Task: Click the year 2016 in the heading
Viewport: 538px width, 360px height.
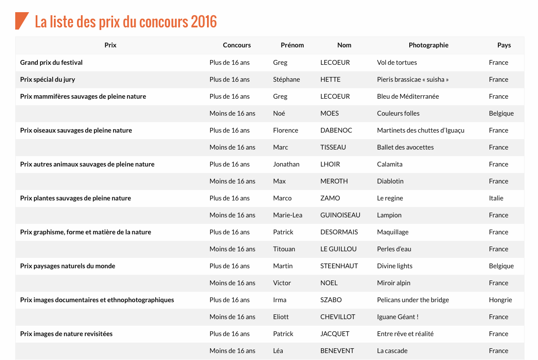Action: tap(204, 21)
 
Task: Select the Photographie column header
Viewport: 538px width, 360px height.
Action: tap(428, 45)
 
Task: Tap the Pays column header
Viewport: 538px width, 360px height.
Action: tap(504, 45)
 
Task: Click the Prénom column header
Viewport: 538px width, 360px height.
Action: tap(292, 45)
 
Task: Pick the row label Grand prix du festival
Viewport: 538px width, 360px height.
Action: tap(51, 63)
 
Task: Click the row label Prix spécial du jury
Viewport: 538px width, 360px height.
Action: tap(47, 80)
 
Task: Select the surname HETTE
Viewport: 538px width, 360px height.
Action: tap(330, 80)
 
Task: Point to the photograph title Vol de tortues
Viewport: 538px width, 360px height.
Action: tap(397, 63)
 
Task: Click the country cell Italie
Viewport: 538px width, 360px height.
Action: tap(496, 198)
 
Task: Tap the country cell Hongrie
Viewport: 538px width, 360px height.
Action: tap(500, 300)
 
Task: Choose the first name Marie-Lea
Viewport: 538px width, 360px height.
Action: tap(287, 215)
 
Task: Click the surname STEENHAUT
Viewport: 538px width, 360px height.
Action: tap(339, 266)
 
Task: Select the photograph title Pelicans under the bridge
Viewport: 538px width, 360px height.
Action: tap(413, 300)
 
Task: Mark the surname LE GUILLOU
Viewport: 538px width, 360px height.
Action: tap(338, 249)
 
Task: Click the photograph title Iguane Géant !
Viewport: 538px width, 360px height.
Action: tap(398, 317)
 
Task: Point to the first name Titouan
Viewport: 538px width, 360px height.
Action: tap(284, 249)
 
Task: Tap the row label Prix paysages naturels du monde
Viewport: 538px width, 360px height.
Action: tap(67, 266)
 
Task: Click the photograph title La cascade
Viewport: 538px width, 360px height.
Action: tap(392, 351)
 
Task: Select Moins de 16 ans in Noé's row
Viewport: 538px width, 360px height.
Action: tap(232, 113)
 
